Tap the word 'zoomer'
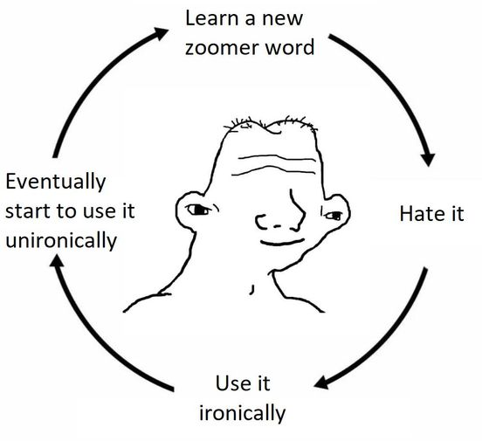point(220,48)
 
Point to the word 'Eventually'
point(56,182)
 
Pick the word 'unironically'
point(61,241)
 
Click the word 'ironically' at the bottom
point(243,414)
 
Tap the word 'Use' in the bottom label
point(230,383)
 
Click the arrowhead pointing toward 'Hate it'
point(428,159)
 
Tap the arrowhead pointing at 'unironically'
point(57,261)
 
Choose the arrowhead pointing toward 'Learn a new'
point(160,33)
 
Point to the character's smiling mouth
point(282,243)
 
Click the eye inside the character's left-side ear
point(198,210)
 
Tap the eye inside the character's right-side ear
point(334,216)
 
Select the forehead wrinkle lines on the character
point(273,165)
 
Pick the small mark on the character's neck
point(251,290)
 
